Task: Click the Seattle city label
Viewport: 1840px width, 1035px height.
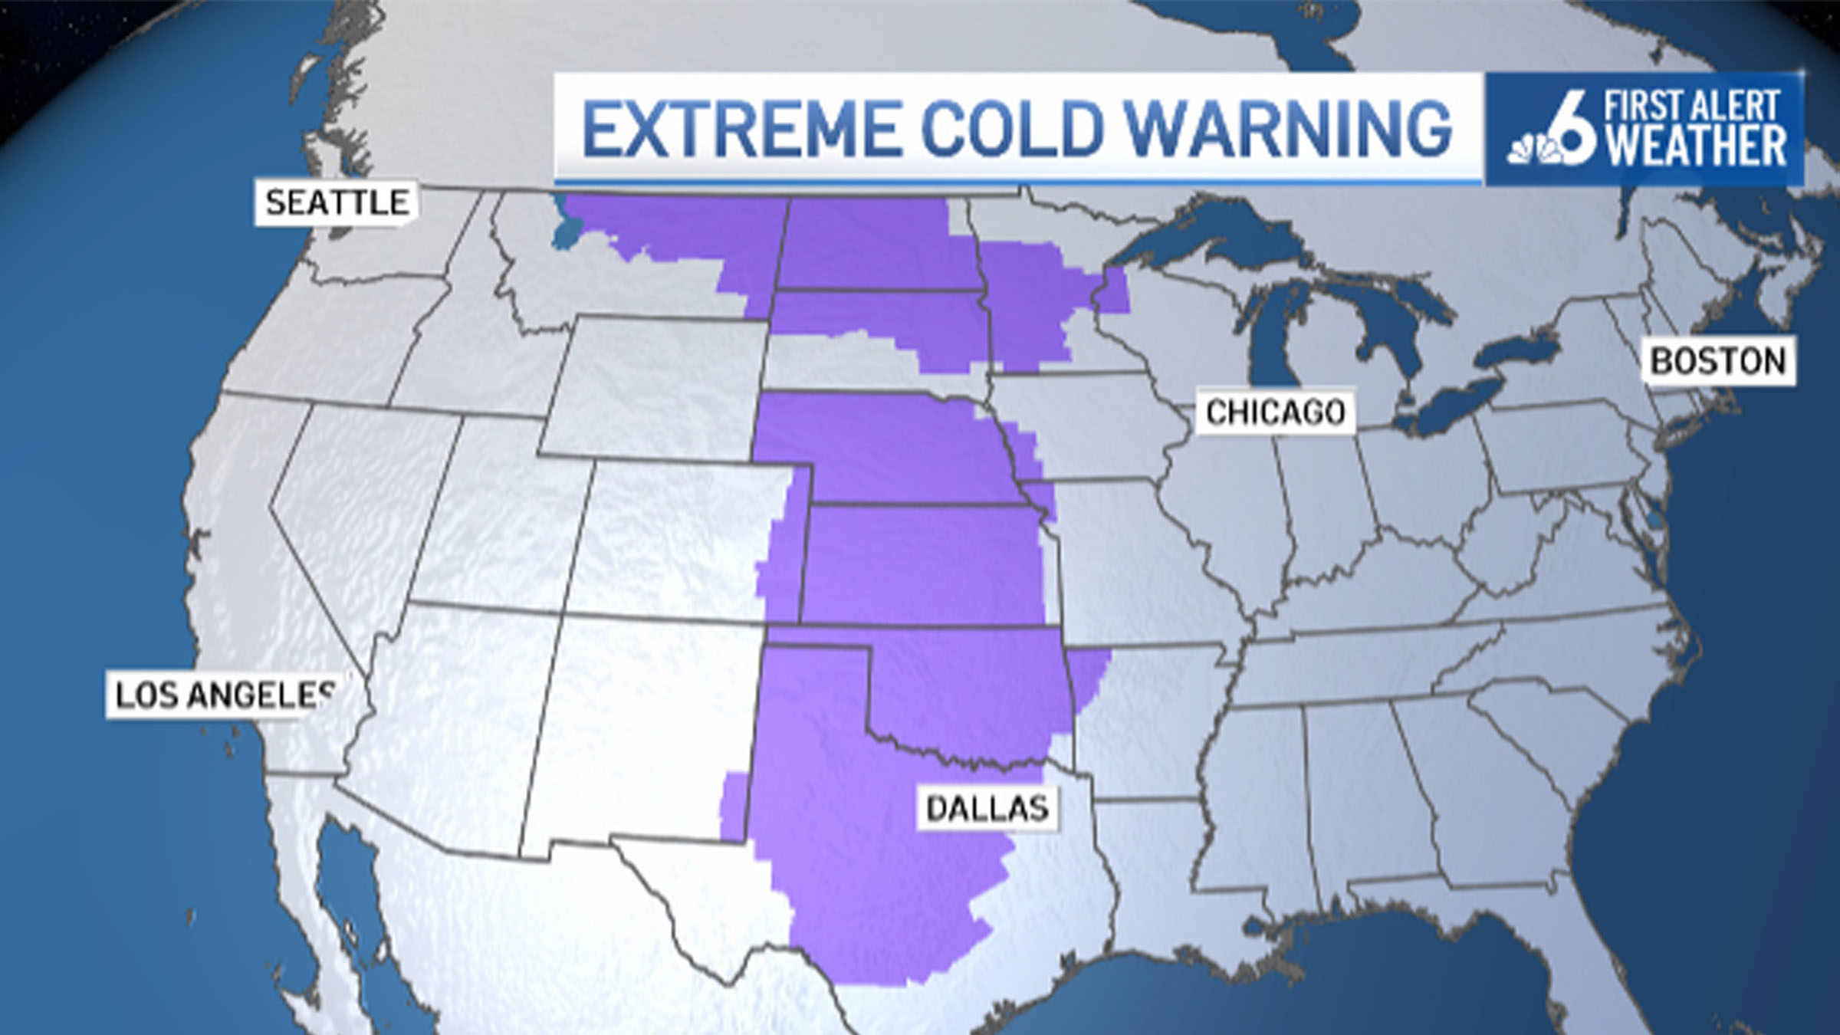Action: coord(336,203)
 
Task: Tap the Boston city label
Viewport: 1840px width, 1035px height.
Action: coord(1717,361)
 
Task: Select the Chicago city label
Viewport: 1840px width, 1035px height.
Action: coord(1275,412)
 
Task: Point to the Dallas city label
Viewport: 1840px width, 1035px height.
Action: coord(987,808)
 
